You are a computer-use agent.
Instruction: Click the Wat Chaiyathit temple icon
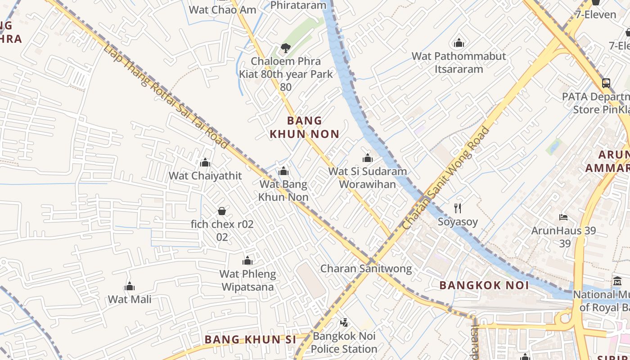point(205,162)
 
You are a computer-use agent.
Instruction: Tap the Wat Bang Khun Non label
point(283,191)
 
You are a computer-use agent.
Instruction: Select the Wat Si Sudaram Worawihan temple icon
point(368,158)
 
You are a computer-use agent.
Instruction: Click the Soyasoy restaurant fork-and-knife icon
point(458,208)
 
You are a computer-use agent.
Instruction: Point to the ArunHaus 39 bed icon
point(563,217)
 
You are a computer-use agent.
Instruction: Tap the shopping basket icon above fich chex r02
point(222,211)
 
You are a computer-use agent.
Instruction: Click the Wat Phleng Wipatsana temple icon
point(247,261)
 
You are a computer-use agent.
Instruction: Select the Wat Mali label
point(130,299)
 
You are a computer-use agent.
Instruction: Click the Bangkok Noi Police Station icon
point(344,322)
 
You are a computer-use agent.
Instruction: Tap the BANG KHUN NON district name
point(304,127)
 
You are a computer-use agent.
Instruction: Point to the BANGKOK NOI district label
point(477,285)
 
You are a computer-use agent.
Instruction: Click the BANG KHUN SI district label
point(251,339)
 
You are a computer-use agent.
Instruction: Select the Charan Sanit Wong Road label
point(446,178)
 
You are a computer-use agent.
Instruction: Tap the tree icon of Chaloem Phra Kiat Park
point(285,48)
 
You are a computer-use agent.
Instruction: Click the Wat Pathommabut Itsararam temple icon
point(459,43)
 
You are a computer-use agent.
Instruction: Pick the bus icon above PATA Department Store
point(606,83)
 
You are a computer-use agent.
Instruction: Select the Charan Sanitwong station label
point(366,269)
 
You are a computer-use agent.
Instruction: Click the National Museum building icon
point(617,282)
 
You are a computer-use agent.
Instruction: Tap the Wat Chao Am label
point(222,9)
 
